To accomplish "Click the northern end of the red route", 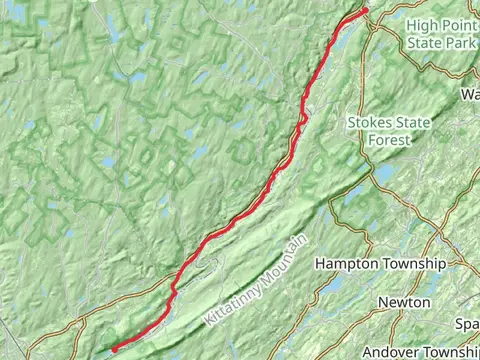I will [x=365, y=11].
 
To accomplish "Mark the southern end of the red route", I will [x=113, y=348].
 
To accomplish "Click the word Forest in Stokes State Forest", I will [x=388, y=141].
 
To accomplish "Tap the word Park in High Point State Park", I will [x=460, y=43].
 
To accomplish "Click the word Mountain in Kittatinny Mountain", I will [x=284, y=256].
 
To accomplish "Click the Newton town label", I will [x=404, y=302].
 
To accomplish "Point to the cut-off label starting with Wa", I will [x=469, y=94].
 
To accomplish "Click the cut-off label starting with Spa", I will [x=467, y=325].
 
